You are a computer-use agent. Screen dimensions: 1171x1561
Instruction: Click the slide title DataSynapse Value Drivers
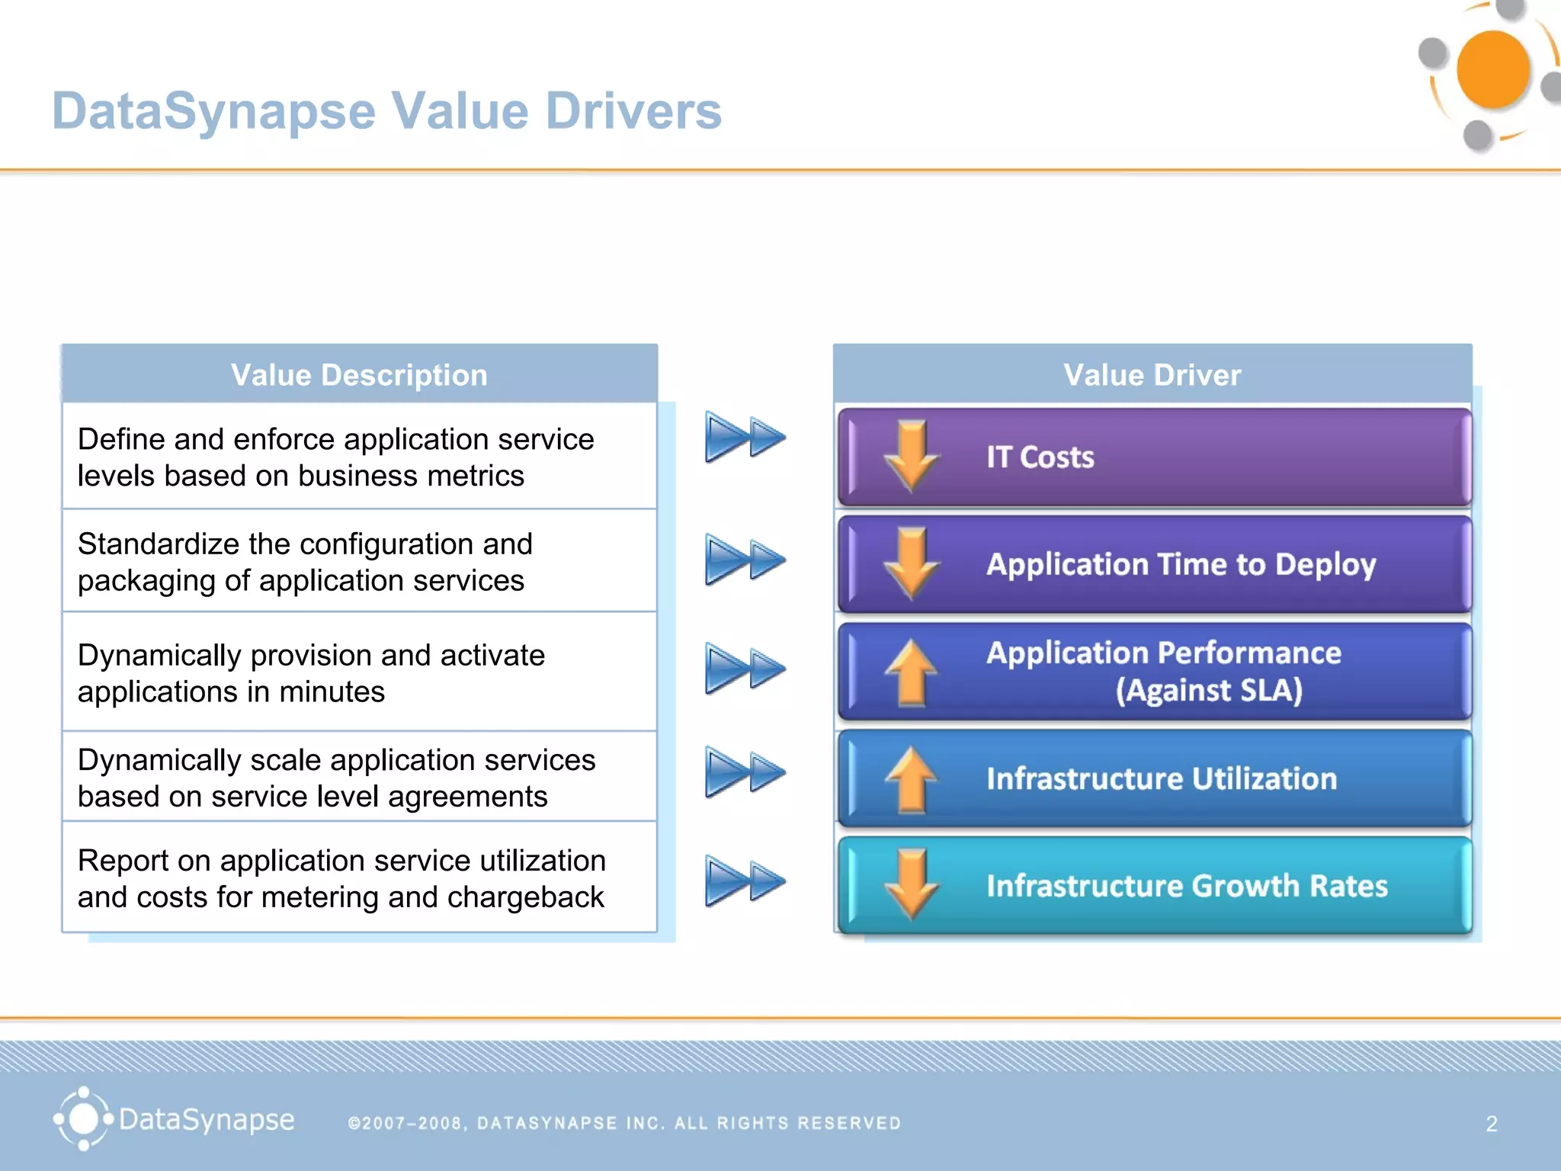coord(386,111)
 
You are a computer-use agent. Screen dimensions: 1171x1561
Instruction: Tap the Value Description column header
coord(359,375)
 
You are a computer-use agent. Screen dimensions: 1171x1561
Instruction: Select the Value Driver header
coord(1152,375)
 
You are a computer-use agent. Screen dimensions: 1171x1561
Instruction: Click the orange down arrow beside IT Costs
coord(912,455)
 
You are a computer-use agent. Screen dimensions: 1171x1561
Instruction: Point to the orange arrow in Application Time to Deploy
coord(912,563)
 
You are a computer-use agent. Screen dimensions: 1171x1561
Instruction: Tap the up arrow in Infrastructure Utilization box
coord(912,779)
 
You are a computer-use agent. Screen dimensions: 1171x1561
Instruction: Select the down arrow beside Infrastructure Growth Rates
coord(912,884)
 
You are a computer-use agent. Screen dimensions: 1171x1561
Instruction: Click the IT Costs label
coord(1040,457)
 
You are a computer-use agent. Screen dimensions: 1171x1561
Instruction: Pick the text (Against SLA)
coord(1209,691)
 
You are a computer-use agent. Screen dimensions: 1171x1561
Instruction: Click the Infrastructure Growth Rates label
coord(1187,886)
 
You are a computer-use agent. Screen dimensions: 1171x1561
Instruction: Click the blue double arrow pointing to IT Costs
coord(745,437)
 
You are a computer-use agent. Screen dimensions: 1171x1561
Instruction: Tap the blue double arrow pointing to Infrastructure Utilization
coord(745,772)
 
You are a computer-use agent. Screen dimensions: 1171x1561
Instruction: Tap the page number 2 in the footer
coord(1492,1123)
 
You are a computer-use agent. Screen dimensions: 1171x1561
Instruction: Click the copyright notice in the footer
coord(624,1123)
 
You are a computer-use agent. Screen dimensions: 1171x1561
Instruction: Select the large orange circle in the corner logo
coord(1492,70)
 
